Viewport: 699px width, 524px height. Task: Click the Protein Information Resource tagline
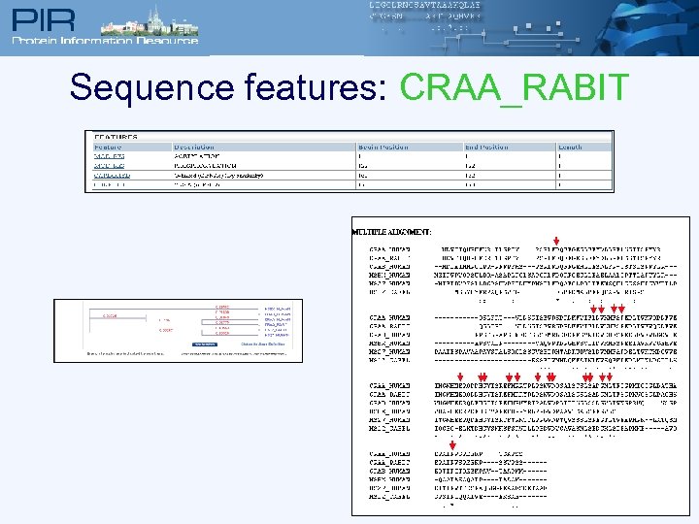tap(104, 40)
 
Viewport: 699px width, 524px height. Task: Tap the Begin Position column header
tap(383, 147)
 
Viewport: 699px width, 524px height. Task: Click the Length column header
tap(571, 147)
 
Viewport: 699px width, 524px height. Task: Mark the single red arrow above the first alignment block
tap(555, 241)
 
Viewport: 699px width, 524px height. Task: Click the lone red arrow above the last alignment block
tap(453, 446)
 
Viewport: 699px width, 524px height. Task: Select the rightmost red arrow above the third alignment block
tap(610, 377)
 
